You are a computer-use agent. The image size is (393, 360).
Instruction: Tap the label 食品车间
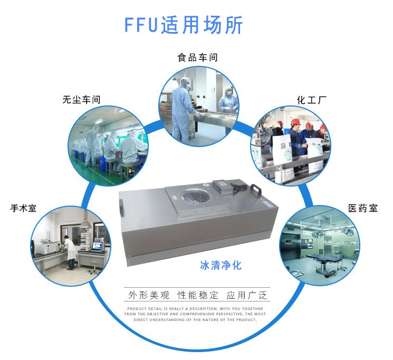[197, 57]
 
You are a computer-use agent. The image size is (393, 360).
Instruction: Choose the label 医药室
[362, 208]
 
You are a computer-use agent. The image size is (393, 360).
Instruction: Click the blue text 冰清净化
[221, 265]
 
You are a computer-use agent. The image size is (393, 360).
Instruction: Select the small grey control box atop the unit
[228, 186]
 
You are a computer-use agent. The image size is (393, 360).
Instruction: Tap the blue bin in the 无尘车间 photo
[80, 155]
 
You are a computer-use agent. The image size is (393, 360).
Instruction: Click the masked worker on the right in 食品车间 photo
[228, 105]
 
